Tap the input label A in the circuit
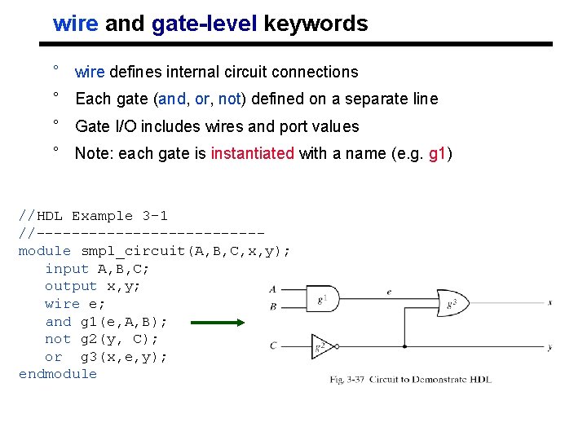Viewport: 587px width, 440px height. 272,289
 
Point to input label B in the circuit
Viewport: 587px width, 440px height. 272,307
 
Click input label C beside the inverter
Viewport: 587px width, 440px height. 272,345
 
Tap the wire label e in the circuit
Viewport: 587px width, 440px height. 389,291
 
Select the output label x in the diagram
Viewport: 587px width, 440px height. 550,301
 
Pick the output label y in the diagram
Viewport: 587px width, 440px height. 550,347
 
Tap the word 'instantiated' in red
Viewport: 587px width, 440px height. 252,153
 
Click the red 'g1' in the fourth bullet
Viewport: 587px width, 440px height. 436,153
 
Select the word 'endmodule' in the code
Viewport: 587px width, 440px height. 58,374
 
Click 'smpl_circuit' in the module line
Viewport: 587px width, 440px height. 135,250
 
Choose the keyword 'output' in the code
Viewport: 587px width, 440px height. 71,286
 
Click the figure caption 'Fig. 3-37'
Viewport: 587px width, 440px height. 348,380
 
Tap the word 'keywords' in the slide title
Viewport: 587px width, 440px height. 316,24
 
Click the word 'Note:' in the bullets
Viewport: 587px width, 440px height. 95,153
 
